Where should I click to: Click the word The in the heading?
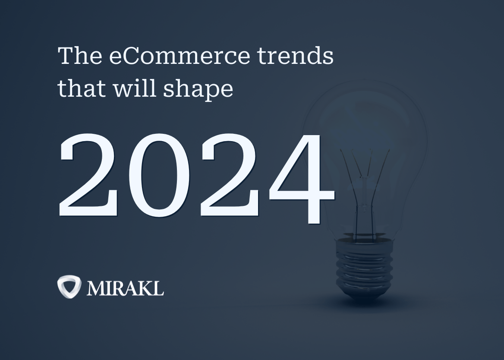[x=80, y=55]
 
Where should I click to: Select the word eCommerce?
[x=180, y=56]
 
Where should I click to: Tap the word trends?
[x=296, y=55]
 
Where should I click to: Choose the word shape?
[x=198, y=90]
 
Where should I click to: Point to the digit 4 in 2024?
[x=302, y=178]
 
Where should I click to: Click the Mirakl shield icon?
[x=69, y=287]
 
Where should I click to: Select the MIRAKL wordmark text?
[x=126, y=288]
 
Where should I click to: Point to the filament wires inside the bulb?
[x=365, y=193]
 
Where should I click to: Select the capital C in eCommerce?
[x=132, y=56]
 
